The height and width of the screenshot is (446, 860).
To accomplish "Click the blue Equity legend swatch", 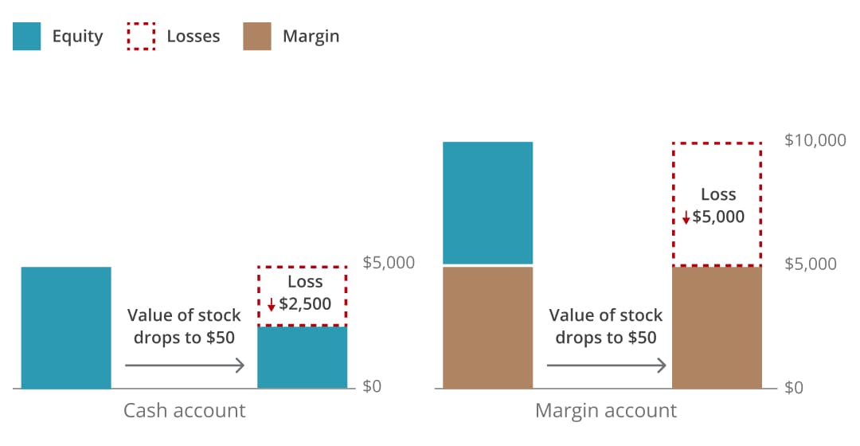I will [x=26, y=37].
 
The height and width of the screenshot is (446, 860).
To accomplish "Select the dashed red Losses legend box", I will [x=141, y=37].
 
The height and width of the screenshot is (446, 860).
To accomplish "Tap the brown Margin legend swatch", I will [x=257, y=37].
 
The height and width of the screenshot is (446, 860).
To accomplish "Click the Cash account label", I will [x=184, y=411].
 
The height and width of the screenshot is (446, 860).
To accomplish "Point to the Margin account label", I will [x=605, y=411].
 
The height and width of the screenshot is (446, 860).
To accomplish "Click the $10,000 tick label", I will [x=815, y=141].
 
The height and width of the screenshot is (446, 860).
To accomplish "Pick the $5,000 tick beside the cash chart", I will [x=389, y=263].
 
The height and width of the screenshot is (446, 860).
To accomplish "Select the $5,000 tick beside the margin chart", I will [x=811, y=264].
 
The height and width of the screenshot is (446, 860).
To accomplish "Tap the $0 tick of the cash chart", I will [x=372, y=387].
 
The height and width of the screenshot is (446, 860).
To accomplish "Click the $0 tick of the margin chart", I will [x=794, y=388].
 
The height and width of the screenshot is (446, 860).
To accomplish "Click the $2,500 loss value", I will [x=305, y=303].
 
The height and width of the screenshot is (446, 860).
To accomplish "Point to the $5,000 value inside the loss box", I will [x=718, y=217].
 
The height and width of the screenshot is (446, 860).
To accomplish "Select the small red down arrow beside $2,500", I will [x=272, y=304].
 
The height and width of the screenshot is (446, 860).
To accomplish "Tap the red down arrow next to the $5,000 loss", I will [x=686, y=217].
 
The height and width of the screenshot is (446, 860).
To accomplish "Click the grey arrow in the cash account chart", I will [x=184, y=366].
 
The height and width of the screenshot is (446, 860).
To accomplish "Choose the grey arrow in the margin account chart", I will [x=606, y=366].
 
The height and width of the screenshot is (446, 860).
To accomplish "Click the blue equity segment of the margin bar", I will [x=487, y=202].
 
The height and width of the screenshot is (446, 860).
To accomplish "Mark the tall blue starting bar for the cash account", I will [x=66, y=327].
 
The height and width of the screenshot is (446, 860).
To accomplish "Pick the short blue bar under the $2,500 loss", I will [x=302, y=358].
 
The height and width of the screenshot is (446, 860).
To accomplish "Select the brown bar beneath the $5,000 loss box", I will [x=717, y=327].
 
